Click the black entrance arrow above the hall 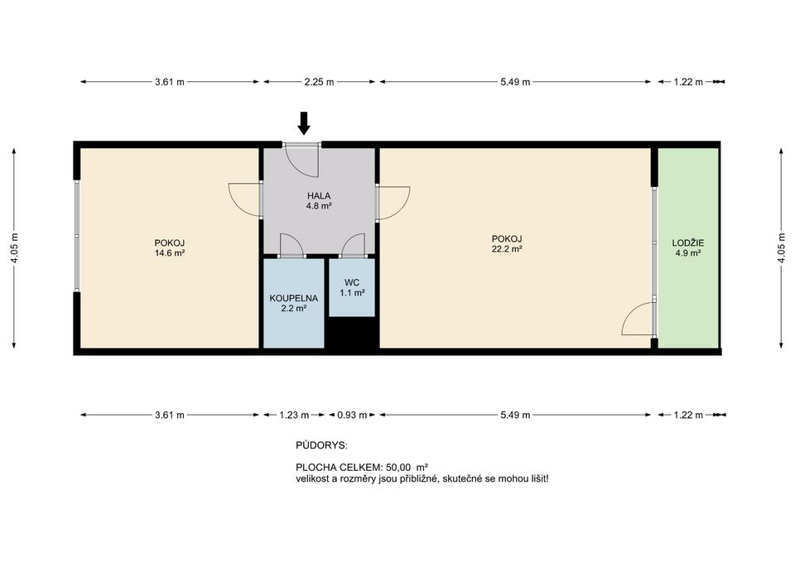click(304, 123)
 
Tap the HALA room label click(318, 195)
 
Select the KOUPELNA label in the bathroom click(293, 298)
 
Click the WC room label click(352, 282)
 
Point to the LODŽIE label click(687, 243)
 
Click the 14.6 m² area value click(169, 253)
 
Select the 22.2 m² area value click(507, 249)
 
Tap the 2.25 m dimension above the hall click(319, 82)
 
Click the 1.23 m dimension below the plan click(294, 415)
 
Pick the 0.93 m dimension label click(352, 415)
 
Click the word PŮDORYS click(321, 445)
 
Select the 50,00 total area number click(398, 467)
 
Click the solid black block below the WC click(352, 333)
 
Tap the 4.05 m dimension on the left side click(14, 247)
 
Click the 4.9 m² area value click(687, 253)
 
